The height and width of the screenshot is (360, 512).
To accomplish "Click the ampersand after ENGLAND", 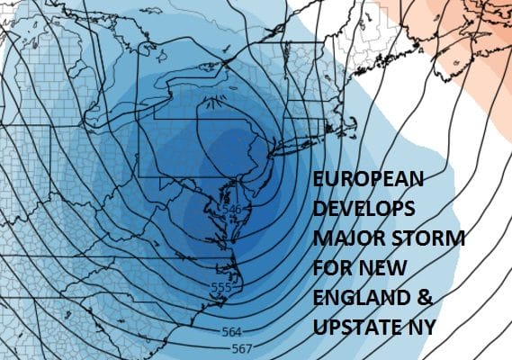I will tap(413, 299).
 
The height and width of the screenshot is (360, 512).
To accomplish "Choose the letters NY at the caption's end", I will tap(421, 328).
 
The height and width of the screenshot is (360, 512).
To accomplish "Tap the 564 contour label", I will tap(231, 332).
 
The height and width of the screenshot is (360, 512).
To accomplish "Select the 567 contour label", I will tap(242, 348).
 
